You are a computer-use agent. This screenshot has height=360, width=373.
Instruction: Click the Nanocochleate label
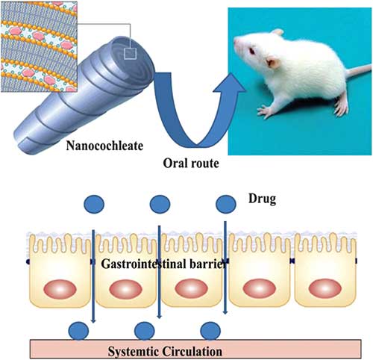[x=104, y=146]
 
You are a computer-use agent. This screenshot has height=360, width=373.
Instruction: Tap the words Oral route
[x=191, y=164]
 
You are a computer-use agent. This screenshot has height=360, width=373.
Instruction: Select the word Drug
[x=262, y=199]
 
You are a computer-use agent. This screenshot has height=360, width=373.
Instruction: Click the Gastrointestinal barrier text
[x=164, y=264]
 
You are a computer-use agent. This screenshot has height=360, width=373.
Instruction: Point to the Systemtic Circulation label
[x=165, y=352]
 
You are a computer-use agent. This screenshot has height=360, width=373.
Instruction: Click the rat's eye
[x=252, y=52]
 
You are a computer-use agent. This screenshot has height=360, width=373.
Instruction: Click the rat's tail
[x=358, y=70]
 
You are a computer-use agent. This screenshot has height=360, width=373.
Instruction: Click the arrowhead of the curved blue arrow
[x=230, y=84]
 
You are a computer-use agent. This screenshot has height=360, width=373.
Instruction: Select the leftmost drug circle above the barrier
[x=94, y=204]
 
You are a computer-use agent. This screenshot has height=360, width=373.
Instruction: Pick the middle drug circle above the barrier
[x=160, y=204]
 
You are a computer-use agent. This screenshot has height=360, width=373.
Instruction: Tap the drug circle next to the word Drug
[x=226, y=204]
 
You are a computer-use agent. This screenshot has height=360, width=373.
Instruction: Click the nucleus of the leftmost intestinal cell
[x=60, y=289]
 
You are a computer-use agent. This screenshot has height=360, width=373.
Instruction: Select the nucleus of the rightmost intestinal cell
[x=325, y=289]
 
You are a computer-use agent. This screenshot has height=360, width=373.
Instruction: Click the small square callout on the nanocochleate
[x=131, y=54]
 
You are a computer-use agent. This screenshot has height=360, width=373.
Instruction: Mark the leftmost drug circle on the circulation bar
[x=78, y=331]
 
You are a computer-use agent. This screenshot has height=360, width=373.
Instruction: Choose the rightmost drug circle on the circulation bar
[x=210, y=331]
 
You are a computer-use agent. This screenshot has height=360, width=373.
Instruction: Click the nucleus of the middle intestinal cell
[x=191, y=289]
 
